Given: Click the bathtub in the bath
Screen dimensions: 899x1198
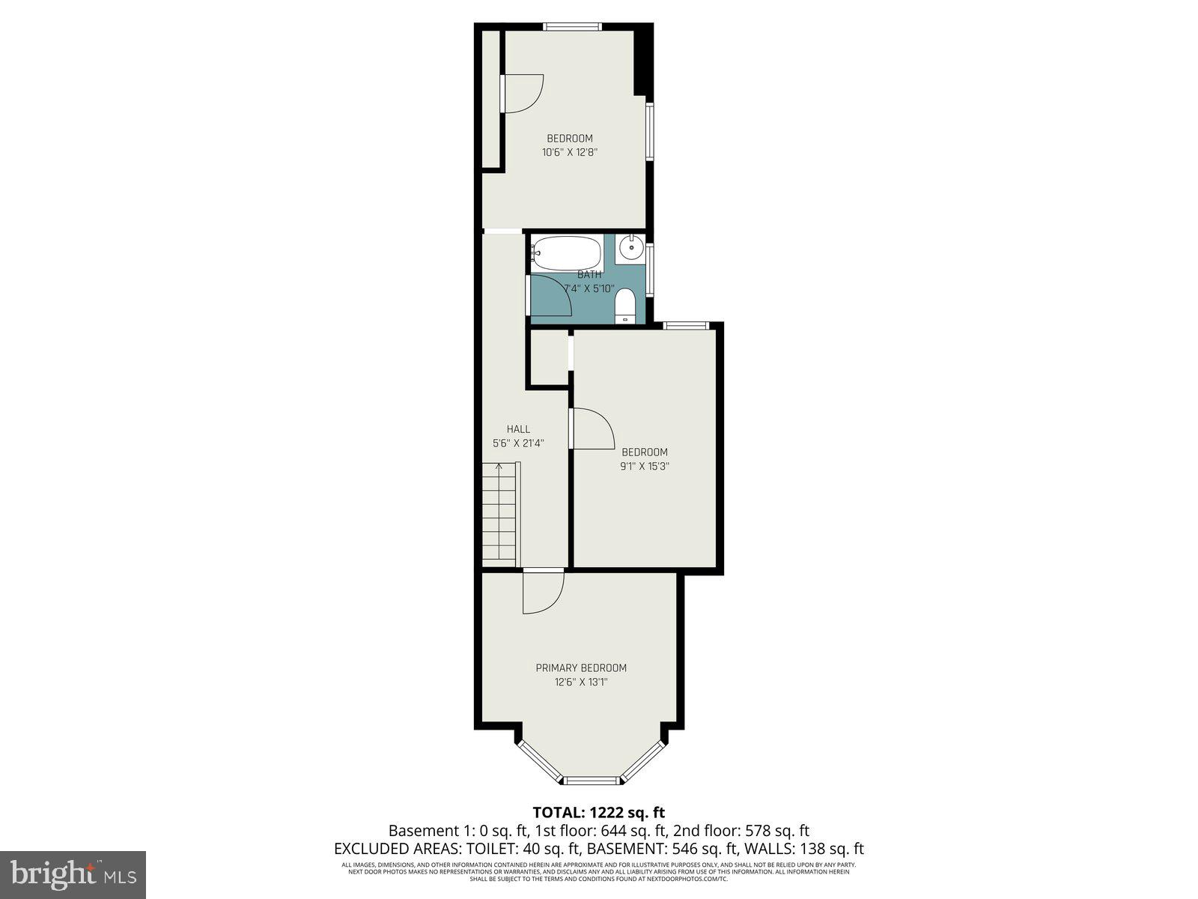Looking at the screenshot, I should click(566, 253).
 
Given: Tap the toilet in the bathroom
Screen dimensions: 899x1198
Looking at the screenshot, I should click(624, 307).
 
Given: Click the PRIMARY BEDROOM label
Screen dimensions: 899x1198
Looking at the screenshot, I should click(581, 668).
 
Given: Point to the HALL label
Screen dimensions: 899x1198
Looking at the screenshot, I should click(518, 429).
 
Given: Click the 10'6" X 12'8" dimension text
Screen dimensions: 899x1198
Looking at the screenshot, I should click(570, 152).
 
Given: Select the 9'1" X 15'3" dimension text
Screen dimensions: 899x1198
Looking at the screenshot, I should click(644, 466).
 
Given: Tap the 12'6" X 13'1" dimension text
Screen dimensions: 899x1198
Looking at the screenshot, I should click(581, 682).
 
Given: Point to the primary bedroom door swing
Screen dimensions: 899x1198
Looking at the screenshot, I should click(543, 593).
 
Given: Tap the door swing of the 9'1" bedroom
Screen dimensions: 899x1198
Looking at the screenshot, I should click(593, 429).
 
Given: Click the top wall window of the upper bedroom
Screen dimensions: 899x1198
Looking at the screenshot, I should click(572, 27).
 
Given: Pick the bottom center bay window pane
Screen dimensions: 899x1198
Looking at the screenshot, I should click(593, 781).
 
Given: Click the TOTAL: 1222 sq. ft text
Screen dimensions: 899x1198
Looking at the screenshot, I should click(598, 812).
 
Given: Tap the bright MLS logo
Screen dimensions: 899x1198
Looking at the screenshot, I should click(73, 873).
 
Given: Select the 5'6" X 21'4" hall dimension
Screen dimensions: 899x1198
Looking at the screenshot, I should click(518, 443).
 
